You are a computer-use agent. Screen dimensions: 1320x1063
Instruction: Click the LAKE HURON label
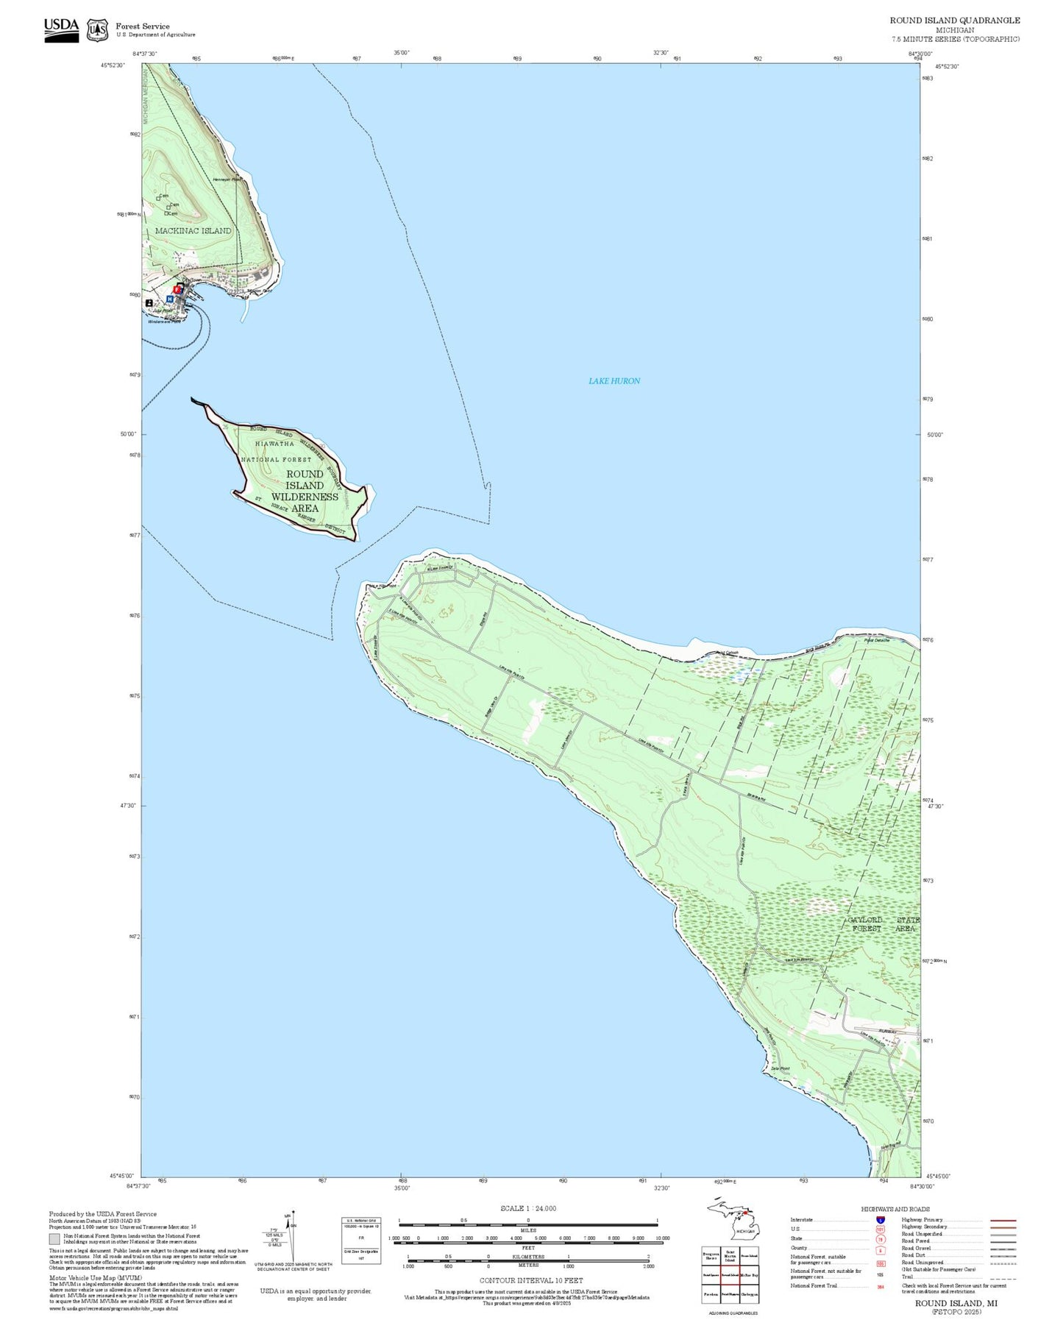[x=614, y=380]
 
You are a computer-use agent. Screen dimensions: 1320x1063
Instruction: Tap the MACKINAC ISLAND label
[x=193, y=230]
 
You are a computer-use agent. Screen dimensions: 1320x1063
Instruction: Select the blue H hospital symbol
[x=170, y=299]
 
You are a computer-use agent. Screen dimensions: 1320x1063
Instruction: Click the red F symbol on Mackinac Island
[x=177, y=290]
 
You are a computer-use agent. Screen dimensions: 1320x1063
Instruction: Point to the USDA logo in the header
[x=61, y=29]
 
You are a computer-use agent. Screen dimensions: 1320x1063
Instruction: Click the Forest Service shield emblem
[x=97, y=30]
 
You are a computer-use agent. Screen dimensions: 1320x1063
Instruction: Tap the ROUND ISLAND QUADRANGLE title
[x=954, y=20]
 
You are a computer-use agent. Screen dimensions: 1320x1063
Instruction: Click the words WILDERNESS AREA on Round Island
[x=305, y=502]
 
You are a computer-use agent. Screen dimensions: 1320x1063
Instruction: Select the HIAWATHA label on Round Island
[x=274, y=444]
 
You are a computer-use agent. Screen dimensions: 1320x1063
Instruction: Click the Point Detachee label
[x=876, y=640]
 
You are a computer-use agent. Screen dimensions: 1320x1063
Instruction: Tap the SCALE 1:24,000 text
[x=528, y=1208]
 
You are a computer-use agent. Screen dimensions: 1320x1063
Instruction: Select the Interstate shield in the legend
[x=881, y=1221]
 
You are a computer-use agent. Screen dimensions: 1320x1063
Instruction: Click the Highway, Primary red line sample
[x=1003, y=1220]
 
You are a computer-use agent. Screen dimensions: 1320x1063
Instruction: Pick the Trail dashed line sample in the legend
[x=1003, y=1278]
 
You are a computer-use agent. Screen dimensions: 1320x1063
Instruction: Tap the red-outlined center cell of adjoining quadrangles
[x=730, y=1274]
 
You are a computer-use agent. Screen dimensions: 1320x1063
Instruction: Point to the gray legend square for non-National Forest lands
[x=54, y=1238]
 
